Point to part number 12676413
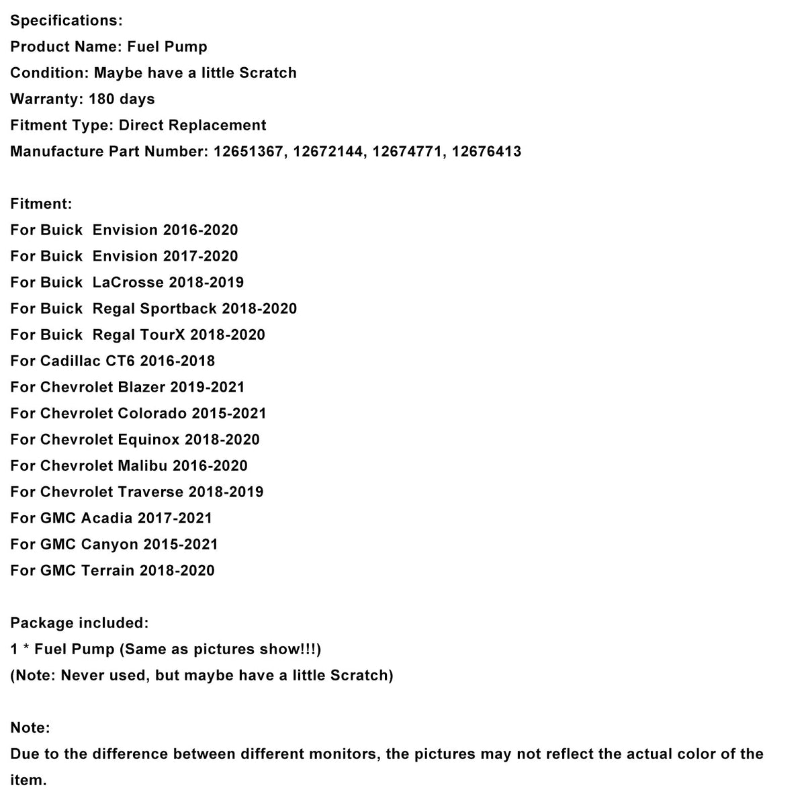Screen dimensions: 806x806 pos(486,151)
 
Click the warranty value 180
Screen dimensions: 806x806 pos(101,99)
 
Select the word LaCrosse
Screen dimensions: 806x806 pos(128,282)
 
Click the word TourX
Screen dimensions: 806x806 pos(162,334)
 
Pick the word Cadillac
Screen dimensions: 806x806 pos(71,361)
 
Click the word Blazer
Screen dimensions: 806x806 pos(142,387)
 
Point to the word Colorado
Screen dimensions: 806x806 pos(152,413)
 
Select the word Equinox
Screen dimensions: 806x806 pos(148,439)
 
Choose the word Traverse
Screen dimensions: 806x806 pos(150,492)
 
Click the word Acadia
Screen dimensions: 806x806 pos(106,518)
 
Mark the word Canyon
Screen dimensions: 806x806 pos(109,544)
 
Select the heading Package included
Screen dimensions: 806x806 pos(79,623)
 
